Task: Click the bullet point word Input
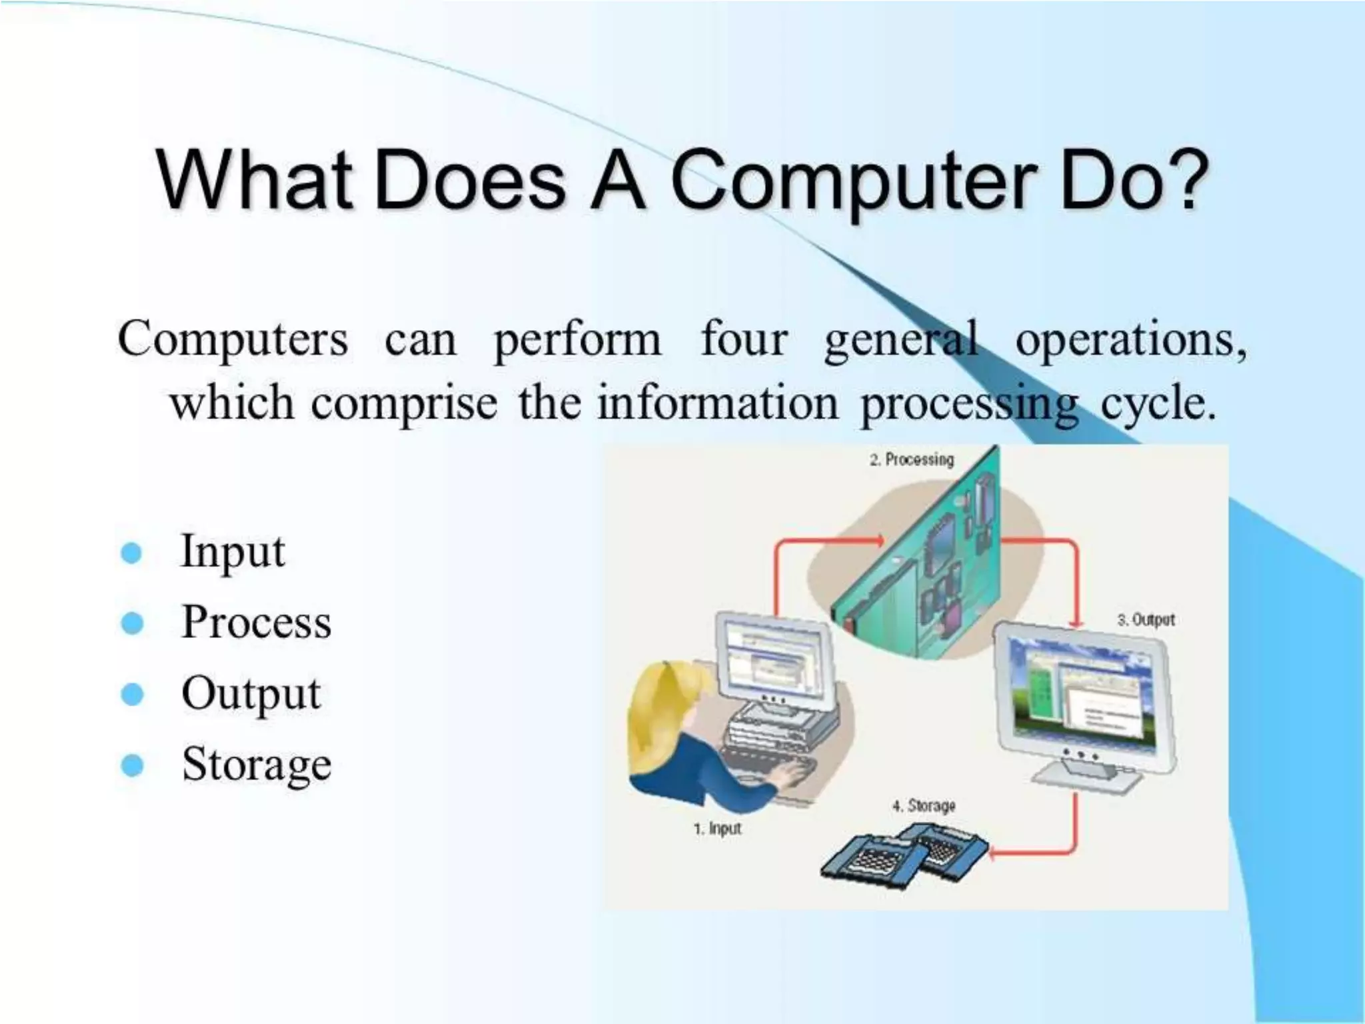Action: coord(233,552)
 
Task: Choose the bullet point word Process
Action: coord(256,622)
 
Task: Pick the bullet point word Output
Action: coord(251,693)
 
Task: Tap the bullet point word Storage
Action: coord(257,764)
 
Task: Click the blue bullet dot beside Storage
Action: coord(132,765)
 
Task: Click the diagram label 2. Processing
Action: coord(911,459)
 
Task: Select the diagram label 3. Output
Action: coord(1146,619)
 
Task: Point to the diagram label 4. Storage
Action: coord(924,805)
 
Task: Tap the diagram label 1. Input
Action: coord(717,829)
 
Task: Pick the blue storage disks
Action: coord(893,857)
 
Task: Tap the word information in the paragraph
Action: coord(717,404)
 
